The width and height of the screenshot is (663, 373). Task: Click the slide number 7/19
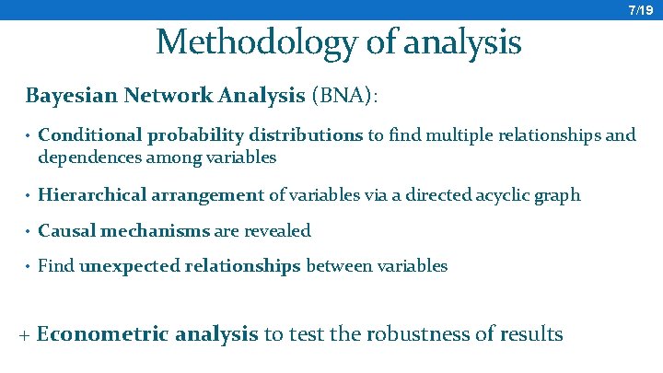pyautogui.click(x=640, y=10)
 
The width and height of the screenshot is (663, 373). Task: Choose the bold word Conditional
pyautogui.click(x=90, y=135)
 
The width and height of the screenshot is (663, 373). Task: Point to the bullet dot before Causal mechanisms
pyautogui.click(x=29, y=231)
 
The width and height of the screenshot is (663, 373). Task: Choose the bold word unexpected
pyautogui.click(x=130, y=266)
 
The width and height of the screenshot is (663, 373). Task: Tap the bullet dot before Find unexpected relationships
pyautogui.click(x=29, y=267)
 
